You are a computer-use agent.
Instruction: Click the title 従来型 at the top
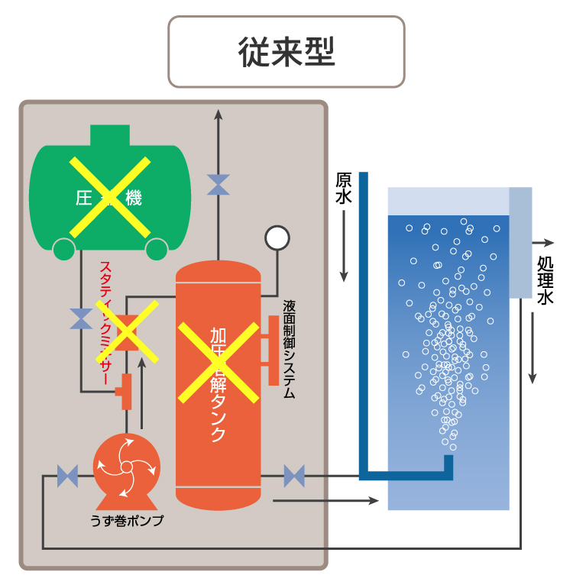(286, 51)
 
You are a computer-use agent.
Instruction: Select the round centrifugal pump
(127, 465)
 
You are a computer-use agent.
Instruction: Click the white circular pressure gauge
(277, 237)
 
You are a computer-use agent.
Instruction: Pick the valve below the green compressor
(81, 319)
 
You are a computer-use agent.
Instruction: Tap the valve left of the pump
(67, 477)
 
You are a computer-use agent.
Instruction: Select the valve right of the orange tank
(294, 477)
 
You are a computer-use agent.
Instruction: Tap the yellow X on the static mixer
(126, 331)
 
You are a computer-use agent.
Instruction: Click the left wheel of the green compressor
(63, 247)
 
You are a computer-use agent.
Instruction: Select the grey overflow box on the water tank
(520, 242)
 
